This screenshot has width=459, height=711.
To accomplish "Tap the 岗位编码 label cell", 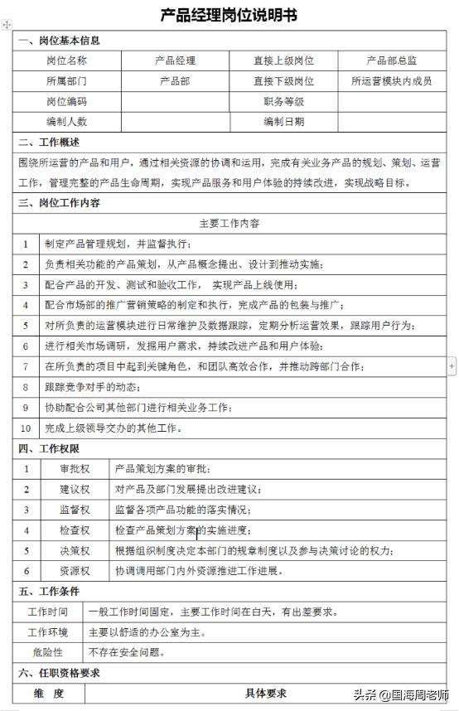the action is pos(66,102).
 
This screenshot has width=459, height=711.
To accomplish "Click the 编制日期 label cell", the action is pos(283,122).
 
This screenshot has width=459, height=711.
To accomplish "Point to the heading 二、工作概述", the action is pos(49,143).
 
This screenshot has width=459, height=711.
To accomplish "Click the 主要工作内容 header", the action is pos(229,224).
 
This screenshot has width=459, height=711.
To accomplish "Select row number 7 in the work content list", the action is pos(26,366).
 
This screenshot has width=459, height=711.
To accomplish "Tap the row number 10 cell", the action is pos(26,428).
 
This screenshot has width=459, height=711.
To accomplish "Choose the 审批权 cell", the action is pos(74,469).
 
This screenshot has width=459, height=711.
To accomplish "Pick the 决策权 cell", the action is pos(74,550).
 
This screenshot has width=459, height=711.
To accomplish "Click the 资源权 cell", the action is pos(74,571).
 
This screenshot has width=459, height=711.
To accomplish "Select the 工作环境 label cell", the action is pos(48,632).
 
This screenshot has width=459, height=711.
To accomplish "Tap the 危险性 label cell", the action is pos(47,653).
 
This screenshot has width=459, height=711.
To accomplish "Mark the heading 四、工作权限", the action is pos(49,448).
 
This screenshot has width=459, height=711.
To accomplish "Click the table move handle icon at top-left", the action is pos(7,26).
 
